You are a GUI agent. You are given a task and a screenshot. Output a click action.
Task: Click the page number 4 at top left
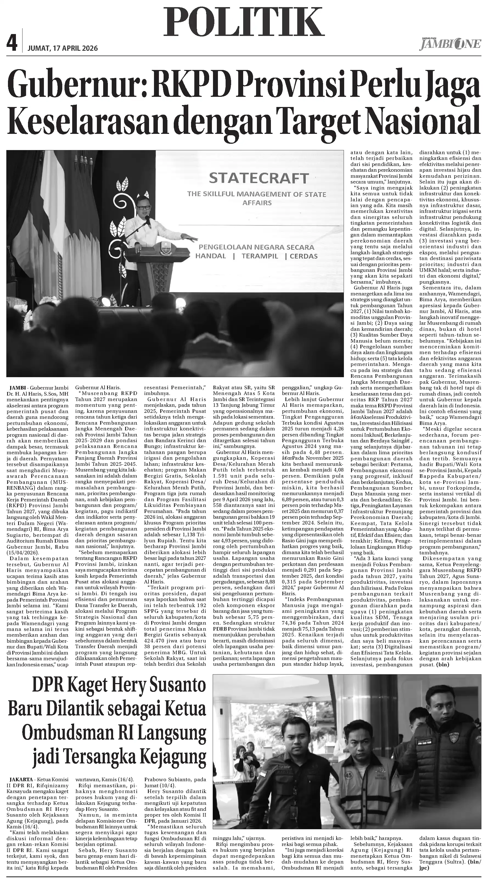(12, 44)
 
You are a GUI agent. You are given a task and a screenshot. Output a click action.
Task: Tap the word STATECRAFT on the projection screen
(259, 178)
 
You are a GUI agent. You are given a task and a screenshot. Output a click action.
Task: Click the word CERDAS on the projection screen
(304, 256)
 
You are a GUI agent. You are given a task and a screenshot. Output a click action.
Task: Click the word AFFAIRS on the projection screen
(257, 203)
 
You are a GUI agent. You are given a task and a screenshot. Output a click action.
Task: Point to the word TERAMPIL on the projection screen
(260, 256)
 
